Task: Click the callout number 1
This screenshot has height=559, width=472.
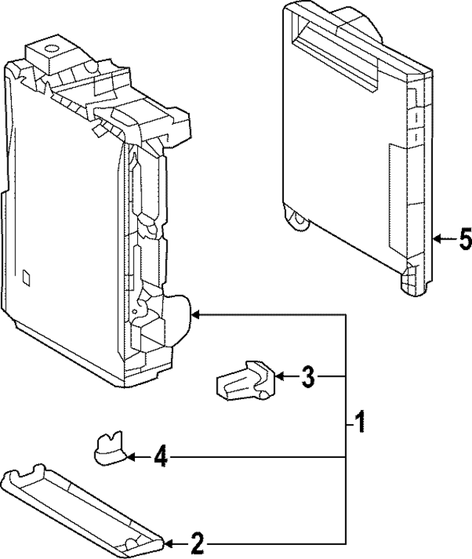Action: tap(359, 423)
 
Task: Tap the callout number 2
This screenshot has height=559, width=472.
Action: tap(197, 545)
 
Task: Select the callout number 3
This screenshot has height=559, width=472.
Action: tap(308, 378)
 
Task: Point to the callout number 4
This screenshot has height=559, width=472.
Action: tap(161, 458)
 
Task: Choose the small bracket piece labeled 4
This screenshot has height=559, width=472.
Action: tap(108, 448)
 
